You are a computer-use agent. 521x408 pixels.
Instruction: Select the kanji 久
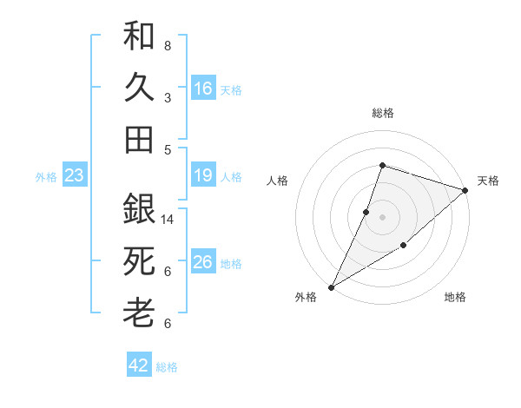click(x=139, y=89)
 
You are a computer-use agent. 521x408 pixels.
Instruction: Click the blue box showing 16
click(x=202, y=89)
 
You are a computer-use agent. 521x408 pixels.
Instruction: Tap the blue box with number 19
click(x=202, y=176)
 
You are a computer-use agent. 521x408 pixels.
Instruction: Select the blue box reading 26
click(x=202, y=262)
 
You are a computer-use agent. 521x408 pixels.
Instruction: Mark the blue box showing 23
click(x=75, y=176)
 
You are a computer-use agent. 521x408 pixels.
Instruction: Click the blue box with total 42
click(x=139, y=365)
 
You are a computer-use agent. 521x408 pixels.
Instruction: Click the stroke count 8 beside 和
click(x=168, y=45)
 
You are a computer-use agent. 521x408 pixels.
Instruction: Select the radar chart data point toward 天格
click(x=465, y=190)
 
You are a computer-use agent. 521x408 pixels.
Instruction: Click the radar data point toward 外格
click(x=331, y=287)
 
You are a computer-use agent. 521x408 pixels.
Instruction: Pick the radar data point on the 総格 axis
click(x=382, y=165)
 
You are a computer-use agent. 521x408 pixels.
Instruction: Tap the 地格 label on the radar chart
click(x=455, y=298)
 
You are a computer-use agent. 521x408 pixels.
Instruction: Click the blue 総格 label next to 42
click(x=167, y=367)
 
